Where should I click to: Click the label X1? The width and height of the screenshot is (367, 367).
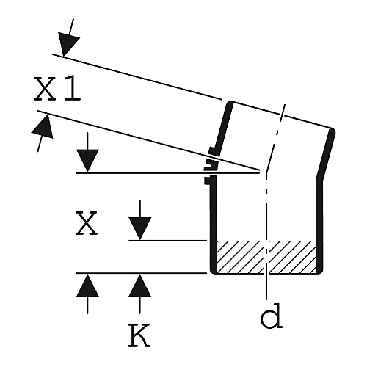[x=57, y=89]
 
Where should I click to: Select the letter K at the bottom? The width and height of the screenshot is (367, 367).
[x=139, y=335]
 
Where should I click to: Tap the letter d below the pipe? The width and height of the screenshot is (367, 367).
[x=272, y=316]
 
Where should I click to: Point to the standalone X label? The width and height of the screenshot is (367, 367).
[x=87, y=224]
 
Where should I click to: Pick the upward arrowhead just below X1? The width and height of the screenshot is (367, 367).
[x=43, y=127]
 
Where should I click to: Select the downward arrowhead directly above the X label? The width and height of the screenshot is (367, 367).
[x=87, y=161]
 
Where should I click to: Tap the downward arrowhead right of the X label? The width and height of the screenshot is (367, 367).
[x=140, y=228]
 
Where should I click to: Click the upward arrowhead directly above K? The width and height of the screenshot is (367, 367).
[x=140, y=286]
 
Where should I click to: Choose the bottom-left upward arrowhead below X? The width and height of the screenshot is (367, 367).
[x=87, y=286]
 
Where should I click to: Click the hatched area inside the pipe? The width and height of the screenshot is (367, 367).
[x=266, y=257]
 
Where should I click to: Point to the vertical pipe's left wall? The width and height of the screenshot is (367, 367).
[x=214, y=225]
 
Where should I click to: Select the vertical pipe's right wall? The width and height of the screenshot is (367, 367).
[x=319, y=226]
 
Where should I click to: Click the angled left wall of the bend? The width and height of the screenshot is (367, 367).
[x=224, y=128]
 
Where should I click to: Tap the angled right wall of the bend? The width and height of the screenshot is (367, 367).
[x=326, y=154]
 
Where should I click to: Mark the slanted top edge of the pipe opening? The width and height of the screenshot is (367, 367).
[x=281, y=115]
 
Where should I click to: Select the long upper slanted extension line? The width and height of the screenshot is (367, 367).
[x=137, y=77]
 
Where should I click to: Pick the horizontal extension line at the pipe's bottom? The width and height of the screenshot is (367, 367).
[x=142, y=273]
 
